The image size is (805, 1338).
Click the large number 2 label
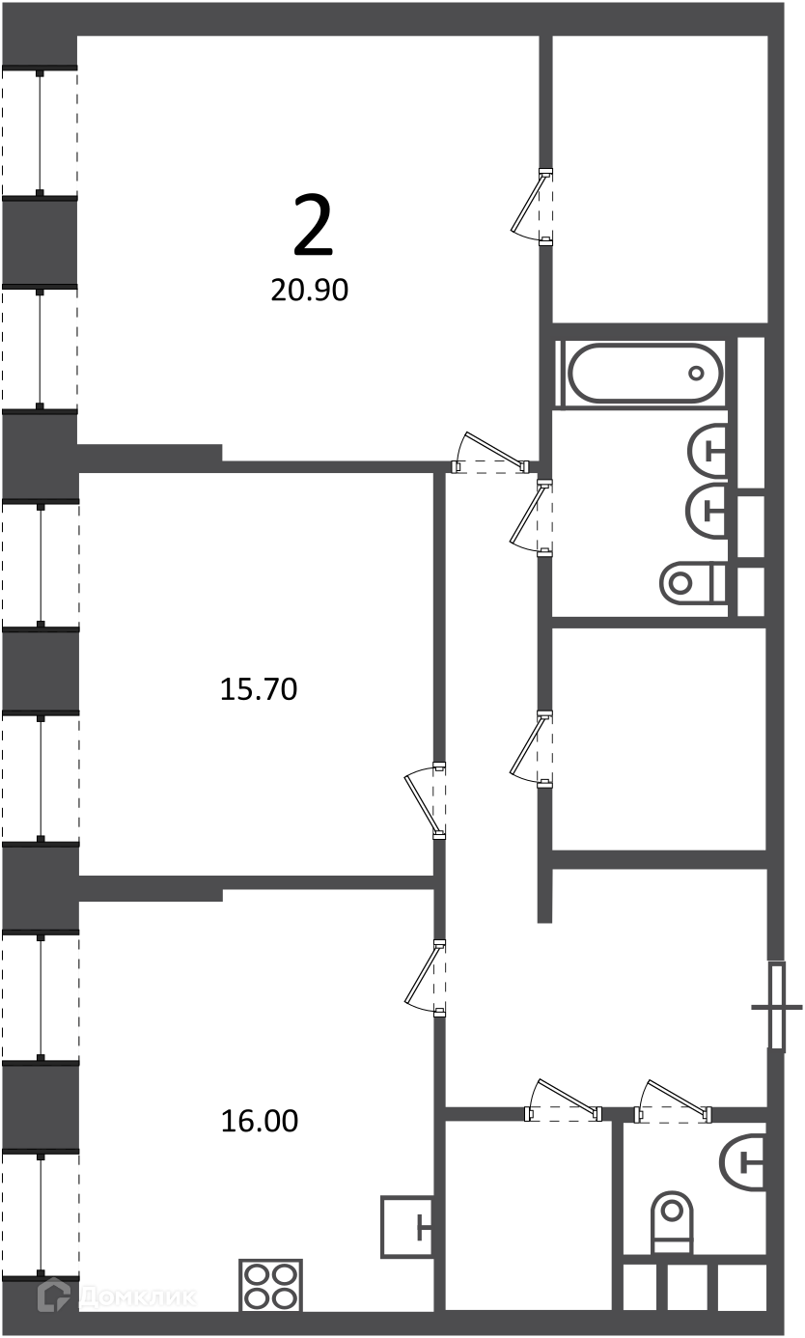tap(313, 226)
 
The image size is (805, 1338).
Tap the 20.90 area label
tap(309, 291)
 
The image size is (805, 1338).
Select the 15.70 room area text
tap(259, 689)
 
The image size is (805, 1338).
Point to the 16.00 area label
tap(260, 1121)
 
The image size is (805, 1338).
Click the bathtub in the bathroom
tap(645, 374)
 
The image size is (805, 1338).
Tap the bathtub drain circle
tap(696, 374)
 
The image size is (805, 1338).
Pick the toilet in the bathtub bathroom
tap(693, 582)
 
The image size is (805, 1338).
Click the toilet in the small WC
tap(673, 1222)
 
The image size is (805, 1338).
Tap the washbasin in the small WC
tap(742, 1161)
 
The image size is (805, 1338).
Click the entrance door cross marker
tap(776, 1007)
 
